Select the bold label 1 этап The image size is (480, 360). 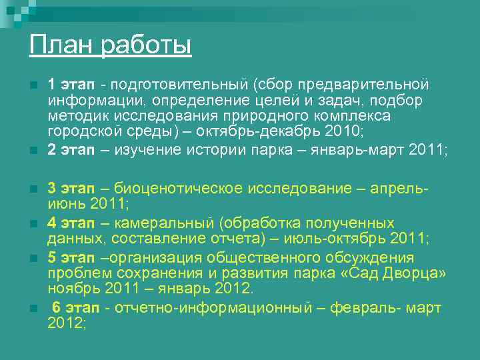71,85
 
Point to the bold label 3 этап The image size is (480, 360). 71,189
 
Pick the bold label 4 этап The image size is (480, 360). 71,223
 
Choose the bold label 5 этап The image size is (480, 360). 71,257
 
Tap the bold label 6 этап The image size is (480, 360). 75,307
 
